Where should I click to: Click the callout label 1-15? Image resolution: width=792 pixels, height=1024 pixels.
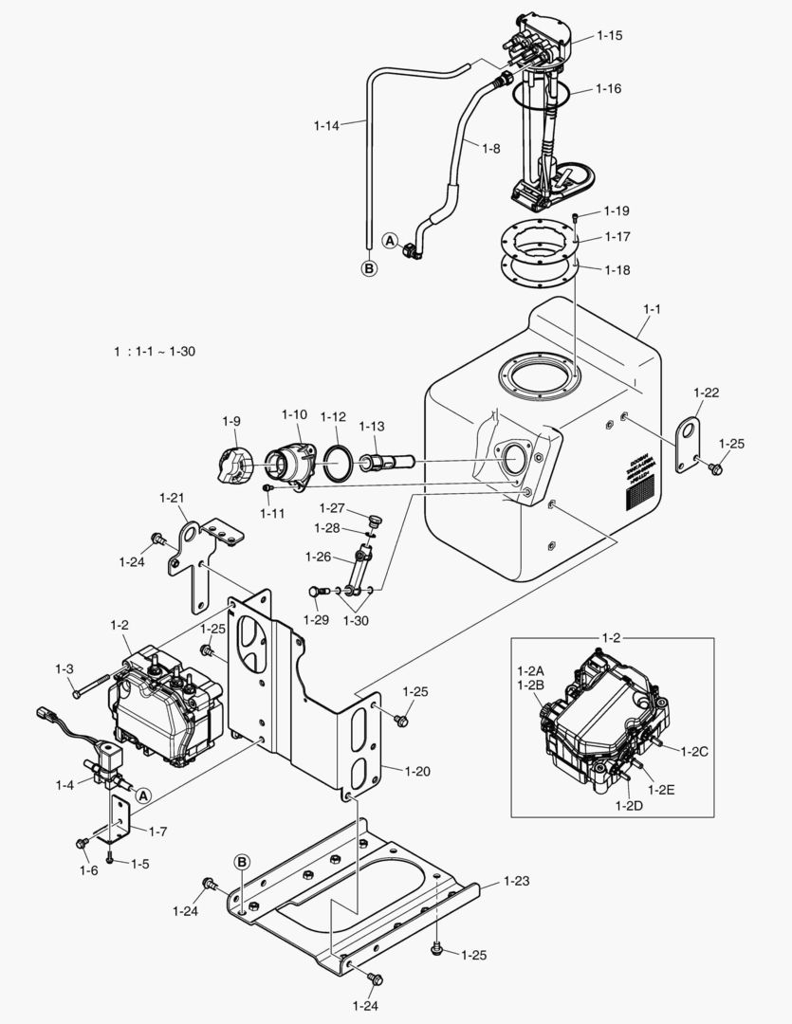pyautogui.click(x=609, y=35)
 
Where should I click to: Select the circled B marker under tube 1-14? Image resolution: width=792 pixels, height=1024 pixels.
pyautogui.click(x=369, y=268)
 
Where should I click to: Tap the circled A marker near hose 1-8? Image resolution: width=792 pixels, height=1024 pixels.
pyautogui.click(x=390, y=241)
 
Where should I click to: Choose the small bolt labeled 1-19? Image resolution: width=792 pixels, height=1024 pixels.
pyautogui.click(x=578, y=218)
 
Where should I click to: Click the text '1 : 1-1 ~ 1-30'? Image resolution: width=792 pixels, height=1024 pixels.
pyautogui.click(x=155, y=352)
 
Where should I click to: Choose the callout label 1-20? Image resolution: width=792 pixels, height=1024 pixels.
pyautogui.click(x=416, y=771)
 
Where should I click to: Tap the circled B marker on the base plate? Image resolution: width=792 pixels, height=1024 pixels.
pyautogui.click(x=243, y=862)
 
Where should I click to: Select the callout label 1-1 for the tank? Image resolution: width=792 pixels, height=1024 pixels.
pyautogui.click(x=652, y=309)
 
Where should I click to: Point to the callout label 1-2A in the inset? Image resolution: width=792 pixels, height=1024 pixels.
pyautogui.click(x=530, y=670)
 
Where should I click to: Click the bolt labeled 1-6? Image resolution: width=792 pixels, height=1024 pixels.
pyautogui.click(x=82, y=843)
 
